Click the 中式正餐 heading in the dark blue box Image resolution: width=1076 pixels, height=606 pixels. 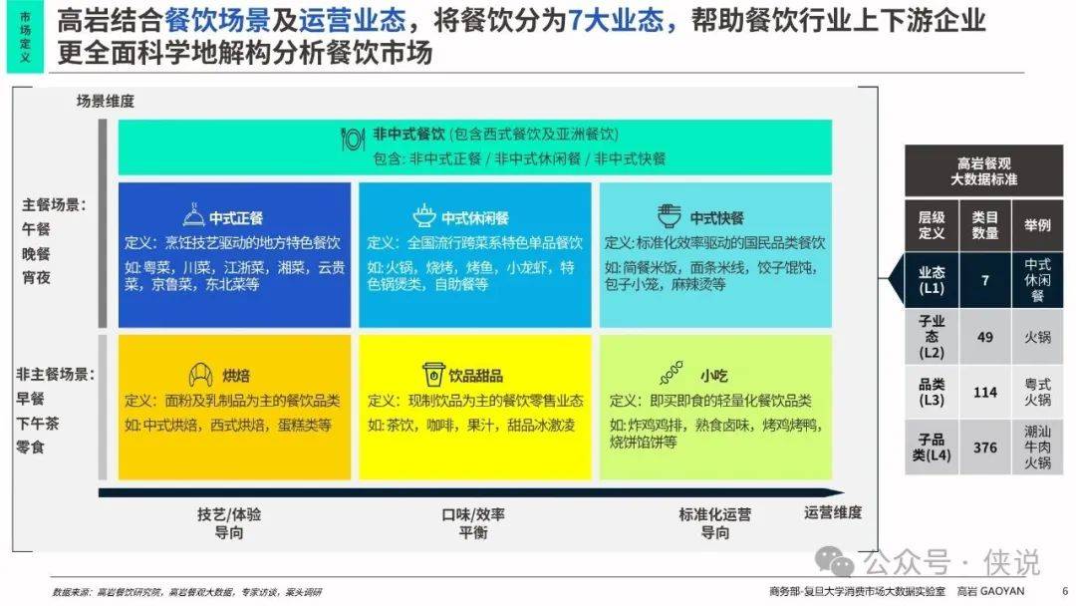coord(236,218)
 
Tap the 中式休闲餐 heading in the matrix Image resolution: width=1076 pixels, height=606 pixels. coord(475,218)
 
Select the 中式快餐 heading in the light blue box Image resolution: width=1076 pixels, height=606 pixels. coord(717,218)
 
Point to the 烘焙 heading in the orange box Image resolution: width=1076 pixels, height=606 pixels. coord(236,376)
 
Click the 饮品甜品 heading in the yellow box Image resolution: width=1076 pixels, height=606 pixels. coord(475,376)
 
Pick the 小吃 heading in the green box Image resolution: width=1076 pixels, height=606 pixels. coord(713,376)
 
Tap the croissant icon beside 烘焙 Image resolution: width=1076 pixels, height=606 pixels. coord(200,375)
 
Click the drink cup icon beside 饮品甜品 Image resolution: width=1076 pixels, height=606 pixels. coord(433,374)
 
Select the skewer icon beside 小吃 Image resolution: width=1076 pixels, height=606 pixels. coord(672,373)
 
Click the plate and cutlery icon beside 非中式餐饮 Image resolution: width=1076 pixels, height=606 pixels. coord(352,140)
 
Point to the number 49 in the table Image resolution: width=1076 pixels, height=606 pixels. coord(984,337)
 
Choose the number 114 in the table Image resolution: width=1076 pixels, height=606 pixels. coord(984,393)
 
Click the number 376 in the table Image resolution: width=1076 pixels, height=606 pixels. coord(984,448)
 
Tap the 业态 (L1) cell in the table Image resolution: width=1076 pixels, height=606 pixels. coord(932,280)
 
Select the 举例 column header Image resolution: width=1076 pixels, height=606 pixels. coord(1037,225)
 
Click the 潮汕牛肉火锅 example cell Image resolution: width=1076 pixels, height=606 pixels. coord(1037,448)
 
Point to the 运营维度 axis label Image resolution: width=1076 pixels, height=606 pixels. coord(833,512)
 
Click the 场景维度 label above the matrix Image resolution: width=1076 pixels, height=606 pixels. coord(105,102)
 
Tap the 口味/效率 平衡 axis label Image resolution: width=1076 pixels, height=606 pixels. coord(473,523)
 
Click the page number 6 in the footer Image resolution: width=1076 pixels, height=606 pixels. coord(1065,591)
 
